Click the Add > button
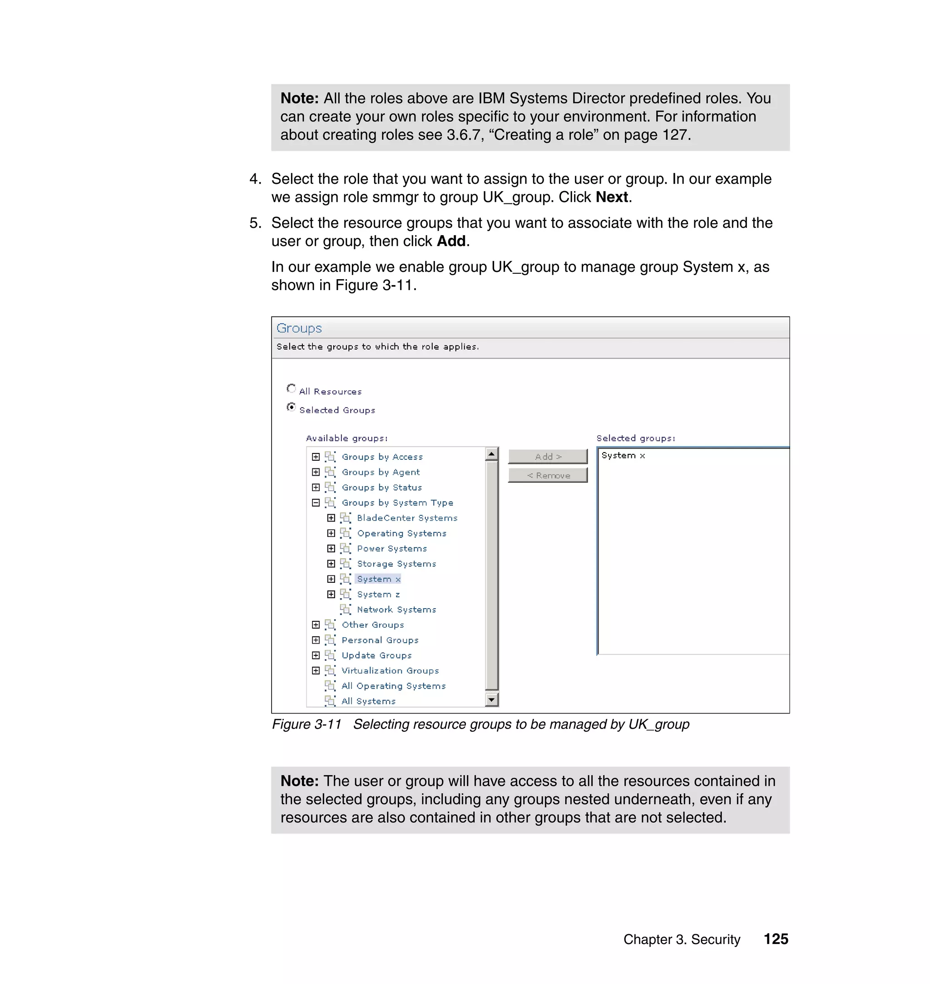(547, 456)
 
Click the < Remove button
(547, 475)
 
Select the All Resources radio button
(291, 389)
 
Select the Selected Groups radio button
(291, 407)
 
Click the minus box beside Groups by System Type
(316, 502)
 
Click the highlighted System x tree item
(378, 579)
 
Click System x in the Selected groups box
(623, 455)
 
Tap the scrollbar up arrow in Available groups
(491, 453)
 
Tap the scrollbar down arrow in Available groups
(491, 699)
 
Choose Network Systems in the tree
(396, 610)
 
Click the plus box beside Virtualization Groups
(316, 670)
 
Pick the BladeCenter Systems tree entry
(406, 518)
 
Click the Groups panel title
(299, 328)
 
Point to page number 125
(775, 939)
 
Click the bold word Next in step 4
(612, 197)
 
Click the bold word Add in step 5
(450, 241)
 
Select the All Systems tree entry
(368, 701)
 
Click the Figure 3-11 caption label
(307, 724)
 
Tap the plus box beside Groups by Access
(316, 457)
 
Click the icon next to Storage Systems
(346, 564)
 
